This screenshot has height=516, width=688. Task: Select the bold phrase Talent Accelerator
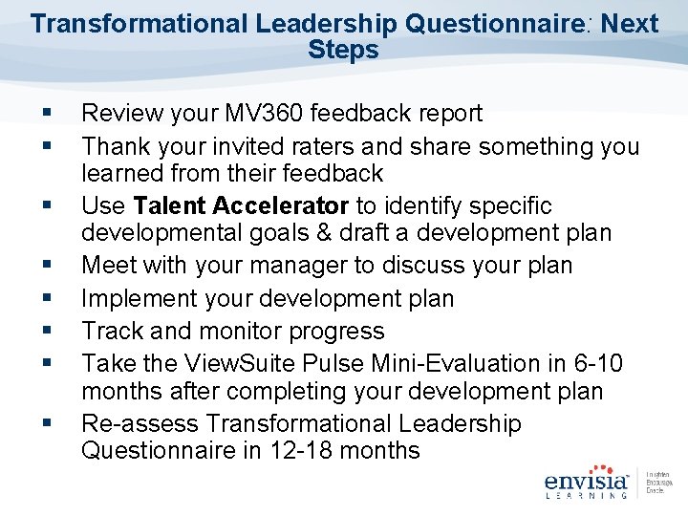coord(242,206)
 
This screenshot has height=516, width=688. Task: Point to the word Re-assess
coord(140,423)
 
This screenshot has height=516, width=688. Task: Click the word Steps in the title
coord(343,50)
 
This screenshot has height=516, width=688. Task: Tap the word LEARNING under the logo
coord(585,496)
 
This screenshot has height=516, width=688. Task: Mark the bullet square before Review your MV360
coord(47,115)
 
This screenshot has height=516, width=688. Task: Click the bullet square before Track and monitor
coord(47,332)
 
